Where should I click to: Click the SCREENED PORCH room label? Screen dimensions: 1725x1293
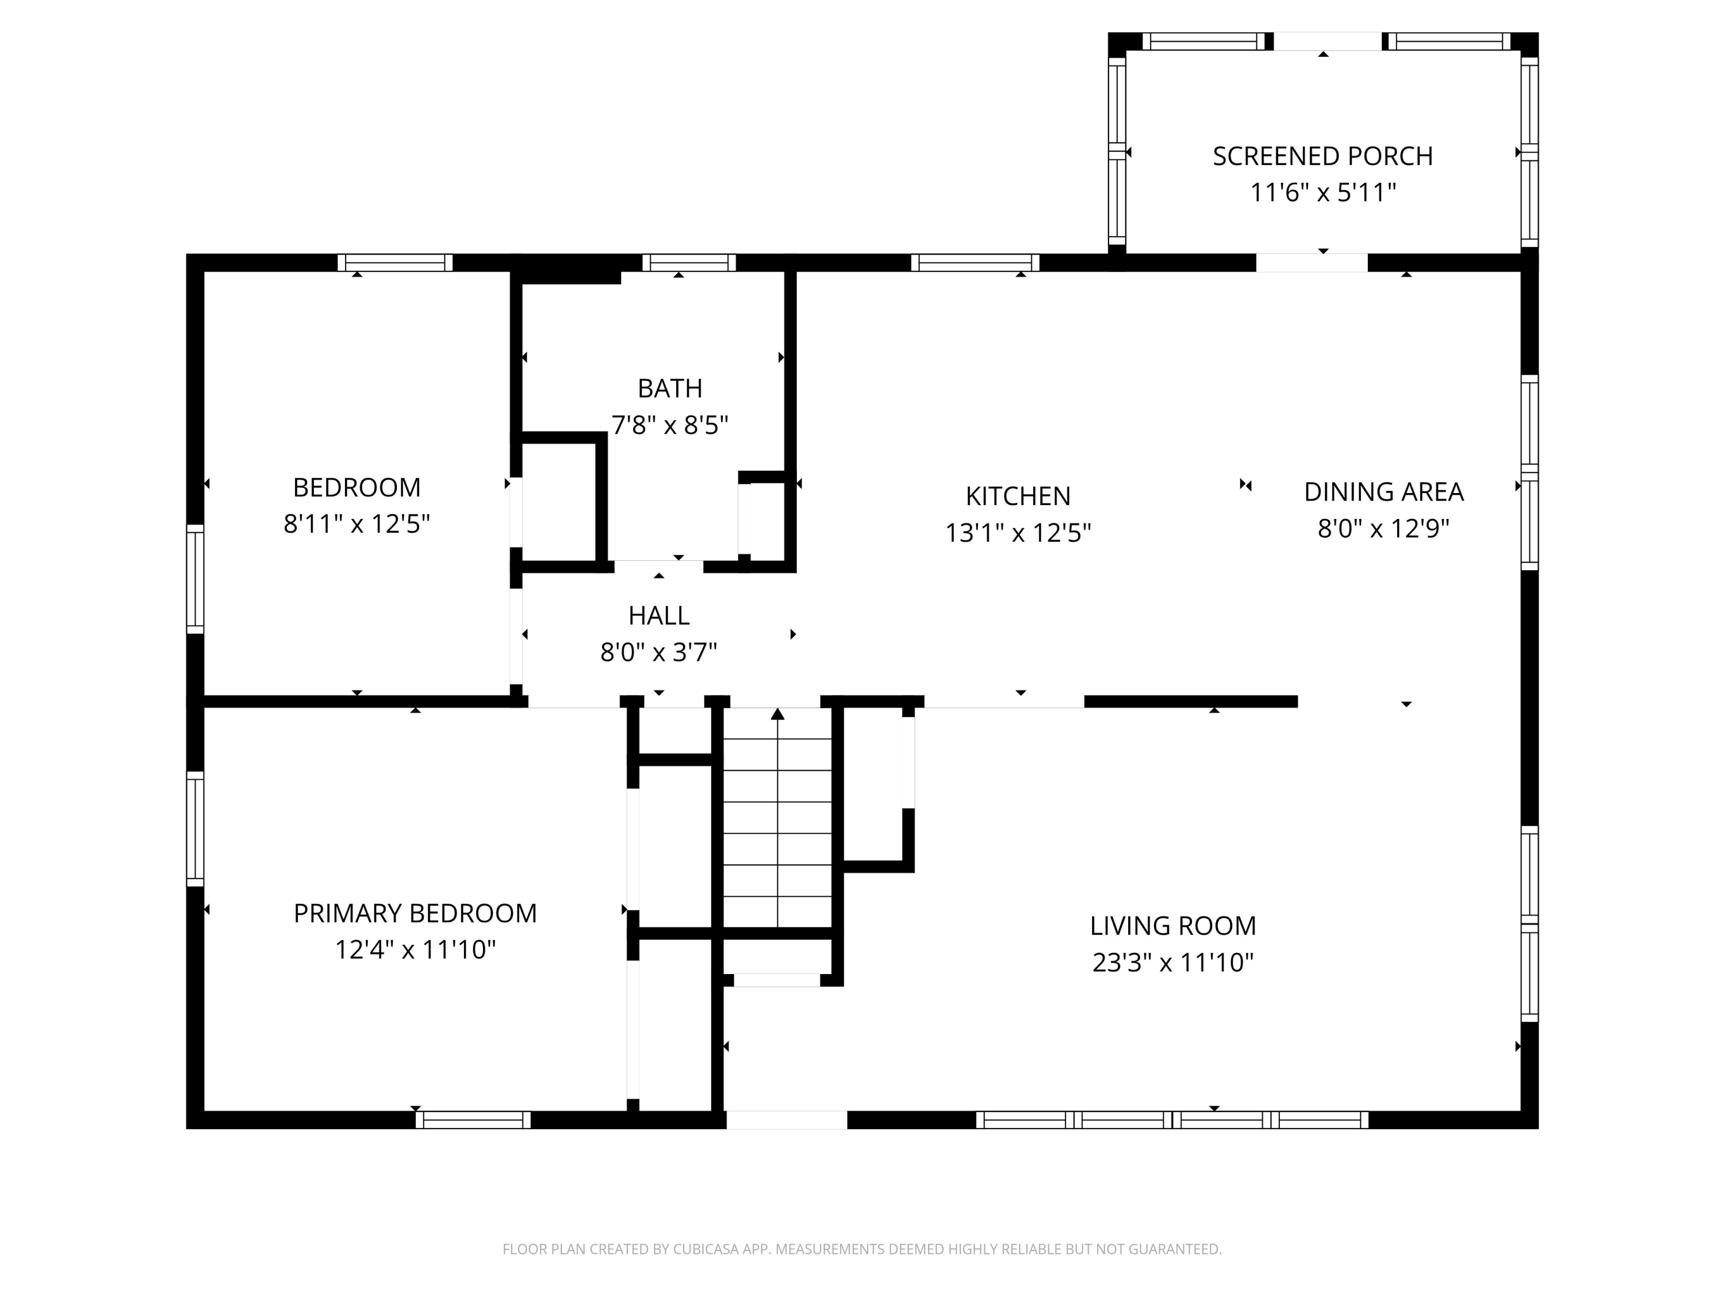click(1322, 156)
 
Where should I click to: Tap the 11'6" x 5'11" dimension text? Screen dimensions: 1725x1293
click(1322, 192)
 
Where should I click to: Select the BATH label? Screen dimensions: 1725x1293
click(670, 388)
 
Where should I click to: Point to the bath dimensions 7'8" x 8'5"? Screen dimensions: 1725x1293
click(670, 425)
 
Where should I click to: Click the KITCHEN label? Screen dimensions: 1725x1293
click(1018, 496)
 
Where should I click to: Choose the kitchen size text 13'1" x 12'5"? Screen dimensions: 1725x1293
click(1018, 532)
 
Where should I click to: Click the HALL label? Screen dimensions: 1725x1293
click(659, 615)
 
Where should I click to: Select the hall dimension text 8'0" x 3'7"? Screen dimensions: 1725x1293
click(659, 652)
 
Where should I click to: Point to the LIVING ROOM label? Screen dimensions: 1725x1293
click(1173, 926)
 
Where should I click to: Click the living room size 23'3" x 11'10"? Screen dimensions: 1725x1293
click(1173, 963)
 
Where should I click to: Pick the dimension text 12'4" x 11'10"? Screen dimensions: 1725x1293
click(415, 949)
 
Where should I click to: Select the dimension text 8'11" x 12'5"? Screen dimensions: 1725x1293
click(356, 524)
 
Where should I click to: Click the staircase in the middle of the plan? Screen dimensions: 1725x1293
click(777, 818)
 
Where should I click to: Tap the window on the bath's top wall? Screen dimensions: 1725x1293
click(689, 263)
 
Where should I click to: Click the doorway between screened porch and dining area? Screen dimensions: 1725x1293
click(1312, 263)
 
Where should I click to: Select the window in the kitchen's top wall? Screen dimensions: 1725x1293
click(975, 263)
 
